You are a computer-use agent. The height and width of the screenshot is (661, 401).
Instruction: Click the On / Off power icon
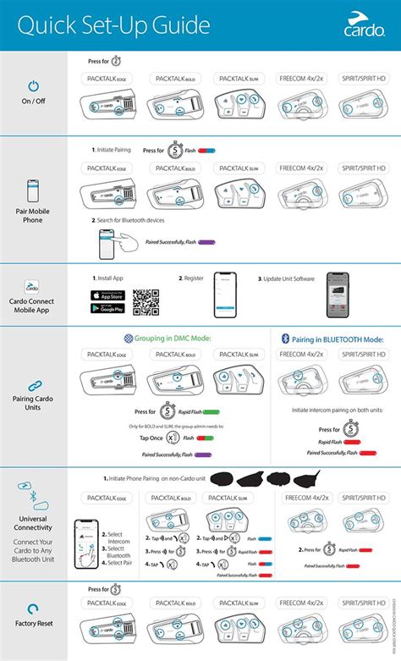34,87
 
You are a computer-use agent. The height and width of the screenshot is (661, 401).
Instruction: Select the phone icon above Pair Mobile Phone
34,187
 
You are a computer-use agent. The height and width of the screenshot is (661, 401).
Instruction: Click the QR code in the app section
146,302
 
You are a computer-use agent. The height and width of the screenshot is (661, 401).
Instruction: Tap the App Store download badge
108,295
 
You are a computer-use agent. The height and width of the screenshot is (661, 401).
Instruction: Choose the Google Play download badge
108,309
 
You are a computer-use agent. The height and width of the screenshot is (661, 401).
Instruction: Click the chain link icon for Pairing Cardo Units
34,385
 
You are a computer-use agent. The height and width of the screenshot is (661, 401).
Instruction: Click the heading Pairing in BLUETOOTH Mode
332,339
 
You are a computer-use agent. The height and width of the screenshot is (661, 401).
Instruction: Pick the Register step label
195,278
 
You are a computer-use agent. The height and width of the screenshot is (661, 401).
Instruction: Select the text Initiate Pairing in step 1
114,149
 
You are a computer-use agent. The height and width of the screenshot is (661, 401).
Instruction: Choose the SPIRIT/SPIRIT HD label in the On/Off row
363,78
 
